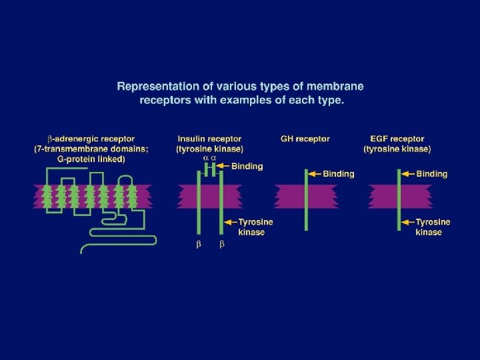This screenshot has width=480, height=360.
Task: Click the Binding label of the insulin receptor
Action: tap(247, 166)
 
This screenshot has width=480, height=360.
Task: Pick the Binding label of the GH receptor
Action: tap(339, 174)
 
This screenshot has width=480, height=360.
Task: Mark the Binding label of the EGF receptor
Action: tap(431, 174)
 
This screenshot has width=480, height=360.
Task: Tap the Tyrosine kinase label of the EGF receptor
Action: tap(433, 227)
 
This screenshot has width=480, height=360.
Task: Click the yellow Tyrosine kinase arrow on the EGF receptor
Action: tap(407, 222)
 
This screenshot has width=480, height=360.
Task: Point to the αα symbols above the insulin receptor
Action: tap(209, 158)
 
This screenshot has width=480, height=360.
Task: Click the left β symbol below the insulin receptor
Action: tap(198, 245)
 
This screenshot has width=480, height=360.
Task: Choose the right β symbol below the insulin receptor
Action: tap(222, 245)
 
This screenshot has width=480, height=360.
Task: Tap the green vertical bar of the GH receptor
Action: tap(306, 200)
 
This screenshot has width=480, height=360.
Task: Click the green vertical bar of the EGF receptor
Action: tap(399, 200)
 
